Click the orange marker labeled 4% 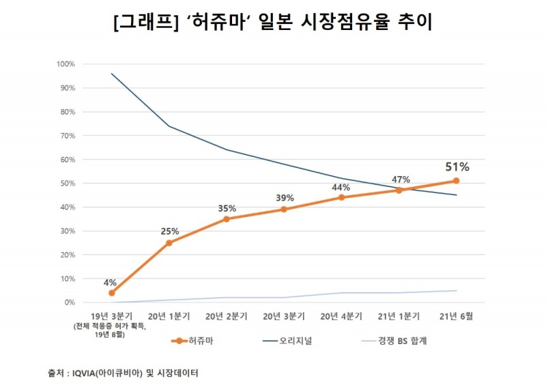[x=111, y=293]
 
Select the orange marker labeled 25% [x=169, y=243]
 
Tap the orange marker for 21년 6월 [x=456, y=181]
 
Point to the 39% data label [x=285, y=198]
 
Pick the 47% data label [x=400, y=180]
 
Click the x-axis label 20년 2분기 [x=226, y=316]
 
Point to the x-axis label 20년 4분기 [x=341, y=316]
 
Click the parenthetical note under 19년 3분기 [x=111, y=330]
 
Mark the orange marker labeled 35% [x=226, y=219]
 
